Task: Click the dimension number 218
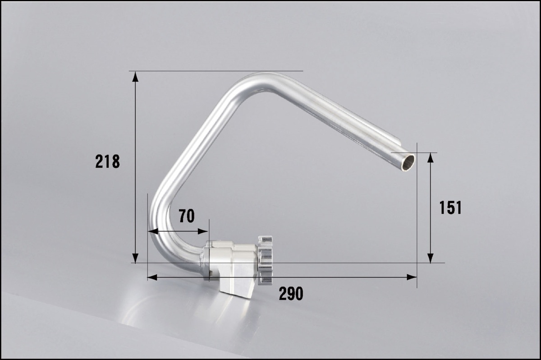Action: pyautogui.click(x=107, y=161)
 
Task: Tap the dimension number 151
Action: pyautogui.click(x=450, y=208)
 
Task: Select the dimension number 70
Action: pyautogui.click(x=187, y=216)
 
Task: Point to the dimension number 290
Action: pyautogui.click(x=291, y=294)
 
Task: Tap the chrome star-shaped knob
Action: pyautogui.click(x=265, y=260)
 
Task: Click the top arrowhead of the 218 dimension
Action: pyautogui.click(x=135, y=77)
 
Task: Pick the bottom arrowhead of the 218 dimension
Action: pyautogui.click(x=135, y=258)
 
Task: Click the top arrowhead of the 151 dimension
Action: pyautogui.click(x=430, y=158)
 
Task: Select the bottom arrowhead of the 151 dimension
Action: pyautogui.click(x=430, y=258)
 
